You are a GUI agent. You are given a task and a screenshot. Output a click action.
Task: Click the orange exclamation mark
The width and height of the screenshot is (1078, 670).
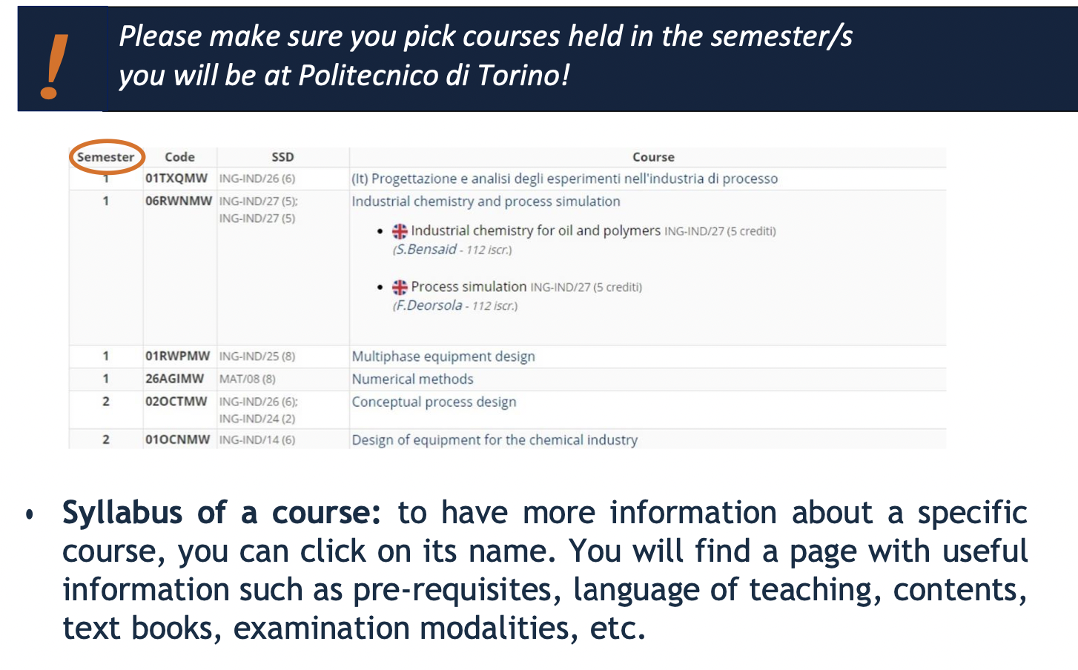coord(54,67)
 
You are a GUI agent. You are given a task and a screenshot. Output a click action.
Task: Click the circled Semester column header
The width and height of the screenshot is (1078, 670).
coord(106,157)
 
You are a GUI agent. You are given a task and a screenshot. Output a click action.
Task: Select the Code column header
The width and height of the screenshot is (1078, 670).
coord(179,157)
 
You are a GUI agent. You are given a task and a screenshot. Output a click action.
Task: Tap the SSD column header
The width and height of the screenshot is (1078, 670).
coord(282,157)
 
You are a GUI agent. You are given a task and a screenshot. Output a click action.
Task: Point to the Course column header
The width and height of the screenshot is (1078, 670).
coord(653,157)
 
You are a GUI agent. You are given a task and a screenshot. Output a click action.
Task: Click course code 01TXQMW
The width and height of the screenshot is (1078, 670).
coord(176,179)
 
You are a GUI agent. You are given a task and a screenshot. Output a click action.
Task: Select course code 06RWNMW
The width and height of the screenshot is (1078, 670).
coord(179,201)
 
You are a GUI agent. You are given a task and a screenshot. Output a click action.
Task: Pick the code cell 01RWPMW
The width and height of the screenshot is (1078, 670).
coord(178,356)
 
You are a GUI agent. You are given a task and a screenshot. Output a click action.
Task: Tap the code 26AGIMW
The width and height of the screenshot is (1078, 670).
coord(174,379)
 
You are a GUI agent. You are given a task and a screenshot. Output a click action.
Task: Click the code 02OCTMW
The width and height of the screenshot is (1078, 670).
coord(176,401)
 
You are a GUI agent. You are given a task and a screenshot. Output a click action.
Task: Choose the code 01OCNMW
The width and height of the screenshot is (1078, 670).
coord(178,439)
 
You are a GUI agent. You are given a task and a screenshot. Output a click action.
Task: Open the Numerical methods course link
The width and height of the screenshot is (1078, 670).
coord(412,379)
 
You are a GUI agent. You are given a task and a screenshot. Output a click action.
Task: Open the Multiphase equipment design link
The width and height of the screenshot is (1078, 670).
coord(443,356)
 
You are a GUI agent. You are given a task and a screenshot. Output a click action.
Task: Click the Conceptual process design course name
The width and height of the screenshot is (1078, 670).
coord(434,402)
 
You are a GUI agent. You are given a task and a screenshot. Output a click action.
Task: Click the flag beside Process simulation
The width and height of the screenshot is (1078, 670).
coord(400,287)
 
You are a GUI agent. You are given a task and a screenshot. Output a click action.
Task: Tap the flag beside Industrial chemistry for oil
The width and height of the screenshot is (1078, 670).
coord(400,231)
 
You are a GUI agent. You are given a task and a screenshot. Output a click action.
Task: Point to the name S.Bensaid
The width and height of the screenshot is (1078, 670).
coord(426,249)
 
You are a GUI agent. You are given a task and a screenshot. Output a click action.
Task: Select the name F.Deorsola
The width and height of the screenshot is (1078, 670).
coord(429,305)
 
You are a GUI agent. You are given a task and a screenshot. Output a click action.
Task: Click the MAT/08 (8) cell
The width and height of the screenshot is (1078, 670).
coord(248,379)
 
